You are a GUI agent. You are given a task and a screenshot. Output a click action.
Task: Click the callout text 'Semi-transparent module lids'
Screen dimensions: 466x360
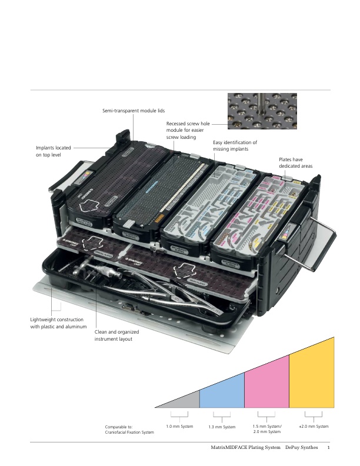(132, 111)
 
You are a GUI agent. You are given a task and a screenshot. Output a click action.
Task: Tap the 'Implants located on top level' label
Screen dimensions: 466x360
(54, 151)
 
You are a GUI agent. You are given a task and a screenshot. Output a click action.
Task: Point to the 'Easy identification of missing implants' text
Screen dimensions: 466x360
(235, 146)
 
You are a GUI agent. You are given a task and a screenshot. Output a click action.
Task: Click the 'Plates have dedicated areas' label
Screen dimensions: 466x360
(296, 163)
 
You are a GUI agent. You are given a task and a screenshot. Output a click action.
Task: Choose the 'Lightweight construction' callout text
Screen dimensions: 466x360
(58, 323)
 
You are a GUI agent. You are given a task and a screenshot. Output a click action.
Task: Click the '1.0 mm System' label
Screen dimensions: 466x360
(179, 426)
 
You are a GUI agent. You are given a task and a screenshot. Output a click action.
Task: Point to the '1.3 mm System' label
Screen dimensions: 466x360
(222, 427)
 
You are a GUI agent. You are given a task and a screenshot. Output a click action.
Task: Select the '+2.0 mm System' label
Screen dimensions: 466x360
(314, 426)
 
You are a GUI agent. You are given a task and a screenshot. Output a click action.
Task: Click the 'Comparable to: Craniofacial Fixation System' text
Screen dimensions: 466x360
(129, 430)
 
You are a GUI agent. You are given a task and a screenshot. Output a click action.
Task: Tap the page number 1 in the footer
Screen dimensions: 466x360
(328, 448)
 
